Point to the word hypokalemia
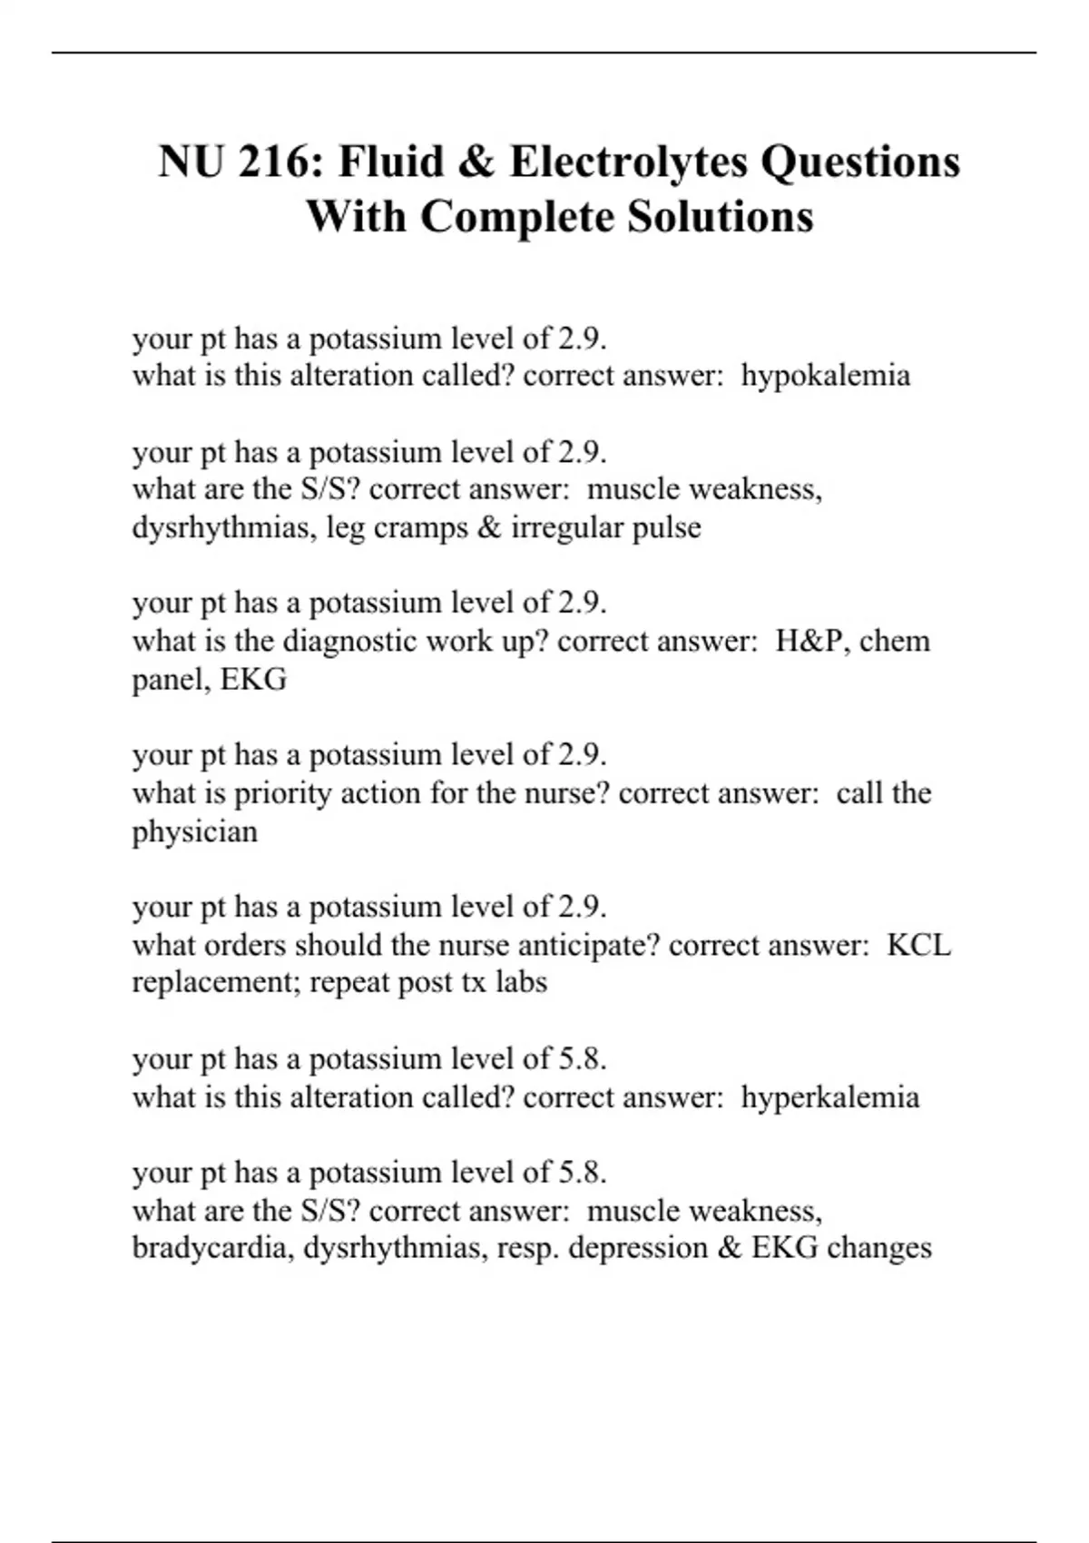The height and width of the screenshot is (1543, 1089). click(x=825, y=376)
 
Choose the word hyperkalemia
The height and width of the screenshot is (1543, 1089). click(x=829, y=1097)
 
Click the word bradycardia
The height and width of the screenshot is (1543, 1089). click(x=213, y=1248)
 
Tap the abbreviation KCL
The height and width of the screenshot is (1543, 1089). click(x=918, y=946)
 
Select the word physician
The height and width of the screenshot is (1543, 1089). click(x=195, y=832)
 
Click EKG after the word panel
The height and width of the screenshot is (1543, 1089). click(x=253, y=680)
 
